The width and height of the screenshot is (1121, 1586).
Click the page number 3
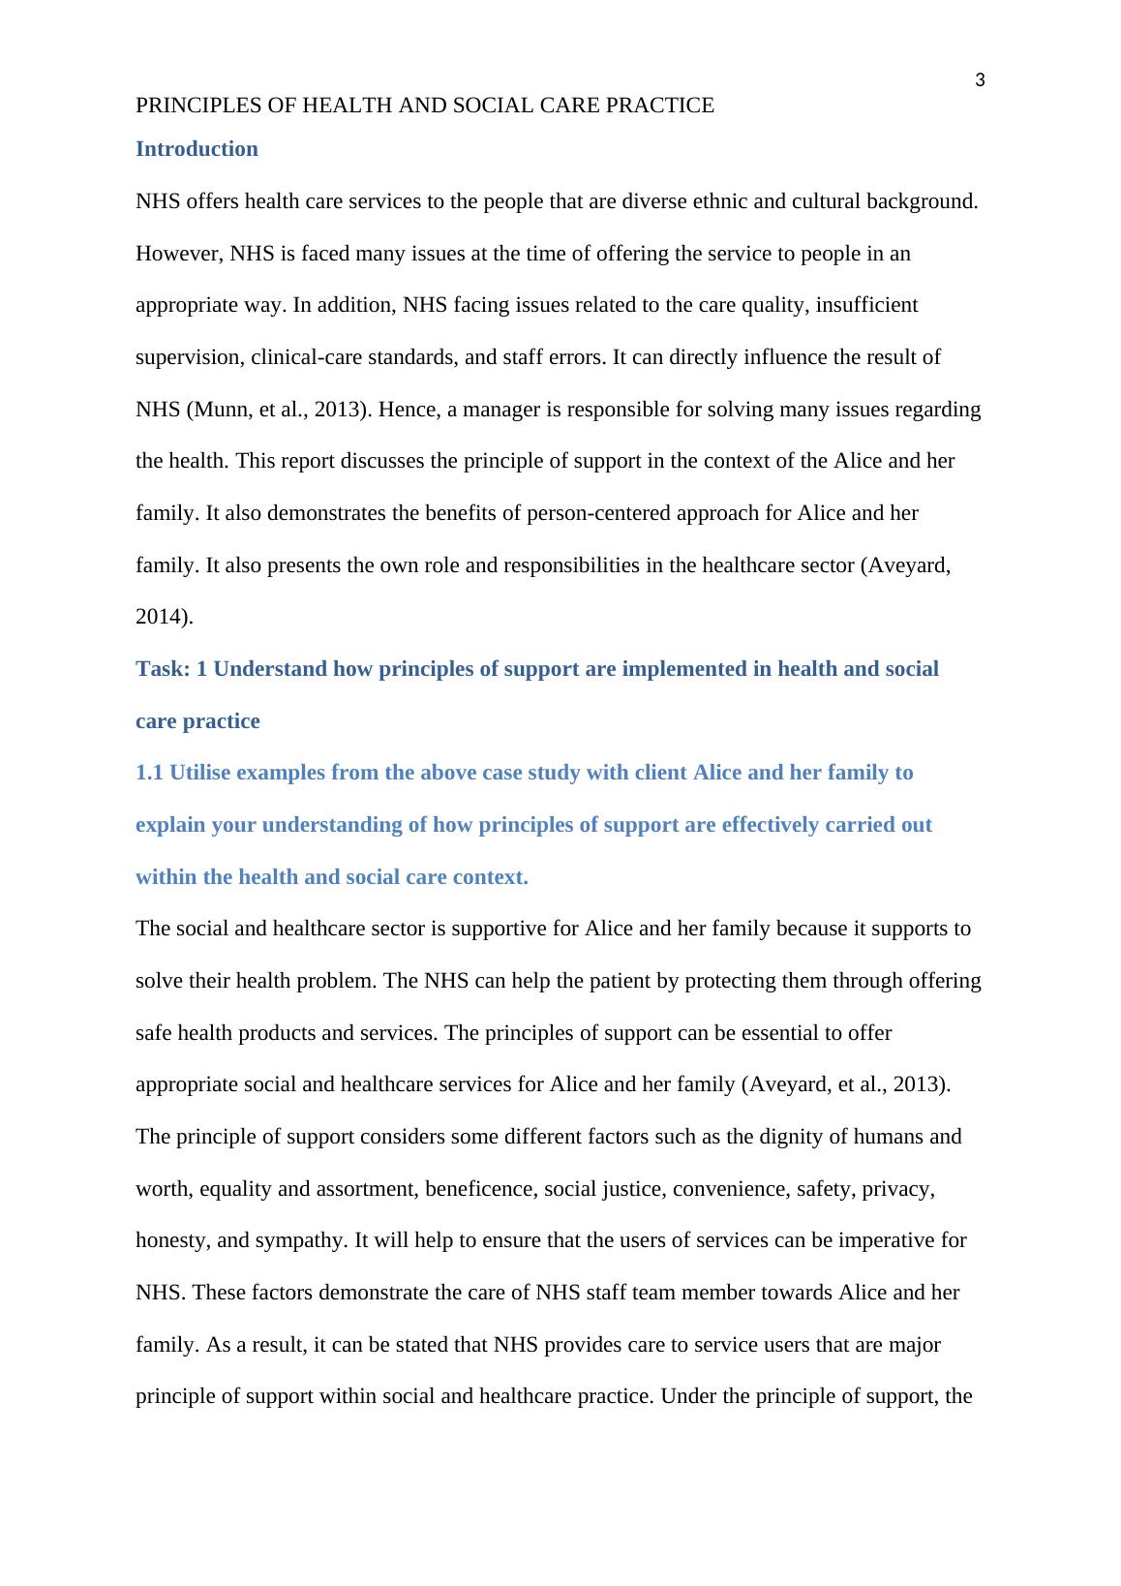(x=980, y=80)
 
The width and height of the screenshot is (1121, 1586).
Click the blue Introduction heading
(x=197, y=149)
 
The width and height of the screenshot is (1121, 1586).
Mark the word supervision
(x=187, y=357)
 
